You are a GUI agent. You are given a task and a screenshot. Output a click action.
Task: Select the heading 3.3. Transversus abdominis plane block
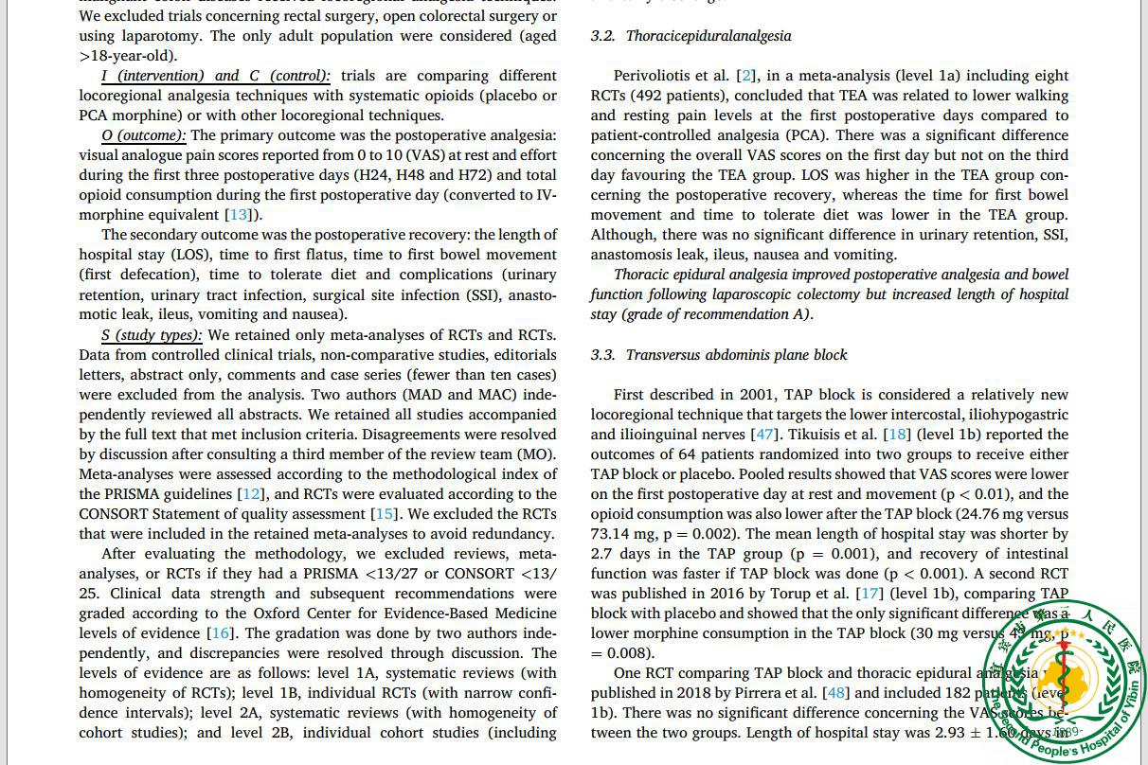719,355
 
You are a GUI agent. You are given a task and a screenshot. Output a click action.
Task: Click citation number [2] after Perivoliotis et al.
747,76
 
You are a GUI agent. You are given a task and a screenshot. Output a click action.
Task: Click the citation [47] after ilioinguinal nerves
763,435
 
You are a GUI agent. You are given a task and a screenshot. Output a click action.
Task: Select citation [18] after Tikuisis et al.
896,435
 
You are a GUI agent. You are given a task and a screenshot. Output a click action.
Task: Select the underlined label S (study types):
152,335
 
